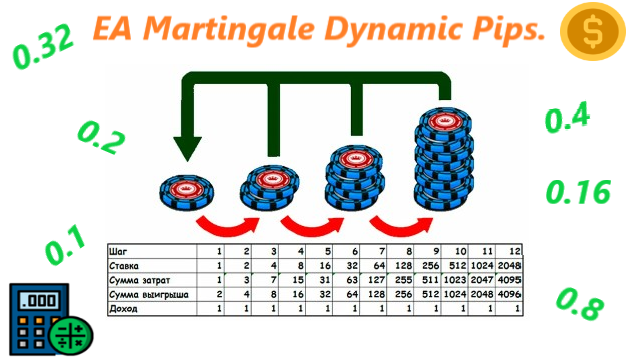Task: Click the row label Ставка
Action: (x=126, y=266)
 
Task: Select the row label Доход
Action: (x=124, y=309)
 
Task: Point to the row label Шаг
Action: (x=119, y=251)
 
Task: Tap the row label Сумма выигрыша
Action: (x=146, y=295)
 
